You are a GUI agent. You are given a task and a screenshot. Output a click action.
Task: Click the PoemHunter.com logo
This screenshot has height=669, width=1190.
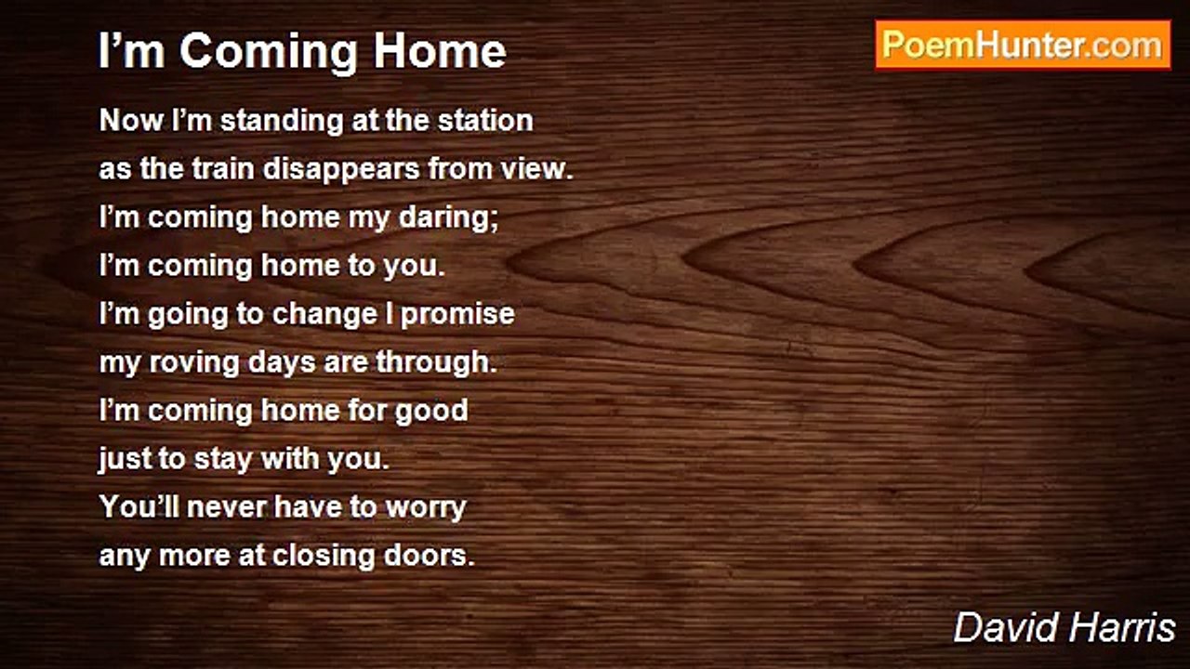(x=1023, y=45)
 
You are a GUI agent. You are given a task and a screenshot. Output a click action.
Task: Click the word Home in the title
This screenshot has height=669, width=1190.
(x=440, y=51)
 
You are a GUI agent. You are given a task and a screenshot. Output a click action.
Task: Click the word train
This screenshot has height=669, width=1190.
(x=223, y=169)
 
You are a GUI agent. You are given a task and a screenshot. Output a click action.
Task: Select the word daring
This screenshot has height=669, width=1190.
(x=447, y=218)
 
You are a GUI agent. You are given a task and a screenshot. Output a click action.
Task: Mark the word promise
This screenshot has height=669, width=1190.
(x=457, y=315)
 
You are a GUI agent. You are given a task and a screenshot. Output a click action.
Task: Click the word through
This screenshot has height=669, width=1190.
(x=436, y=363)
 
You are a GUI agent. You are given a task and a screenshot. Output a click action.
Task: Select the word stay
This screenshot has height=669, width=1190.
(x=222, y=460)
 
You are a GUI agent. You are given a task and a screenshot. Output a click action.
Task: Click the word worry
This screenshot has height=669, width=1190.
(x=426, y=508)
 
